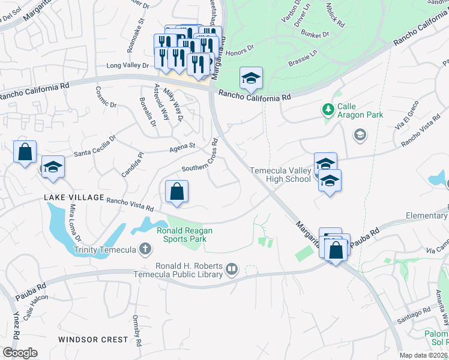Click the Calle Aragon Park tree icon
pyautogui.click(x=328, y=109)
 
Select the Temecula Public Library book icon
pyautogui.click(x=232, y=271)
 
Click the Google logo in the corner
pyautogui.click(x=20, y=353)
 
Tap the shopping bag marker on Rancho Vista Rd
pyautogui.click(x=177, y=193)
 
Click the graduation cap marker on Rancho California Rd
pyautogui.click(x=251, y=79)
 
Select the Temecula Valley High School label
pyautogui.click(x=280, y=175)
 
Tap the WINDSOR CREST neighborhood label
pyautogui.click(x=93, y=340)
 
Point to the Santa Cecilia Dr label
pyautogui.click(x=95, y=149)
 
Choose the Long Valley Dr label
pyautogui.click(x=127, y=65)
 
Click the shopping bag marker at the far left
pyautogui.click(x=25, y=153)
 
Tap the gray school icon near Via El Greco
pyautogui.click(x=360, y=134)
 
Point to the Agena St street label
pyautogui.click(x=184, y=146)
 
